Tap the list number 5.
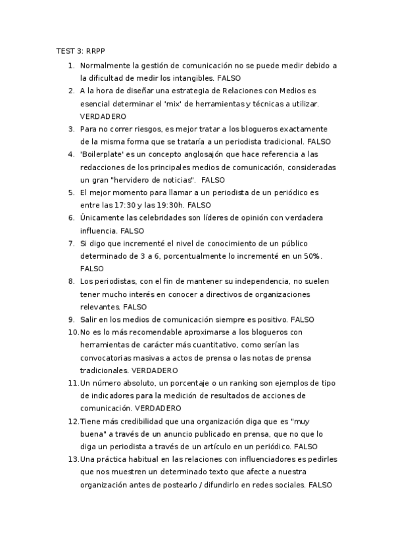click(71, 192)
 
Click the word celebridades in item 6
click(161, 218)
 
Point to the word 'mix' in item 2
click(210, 103)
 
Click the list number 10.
click(73, 333)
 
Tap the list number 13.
click(73, 460)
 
